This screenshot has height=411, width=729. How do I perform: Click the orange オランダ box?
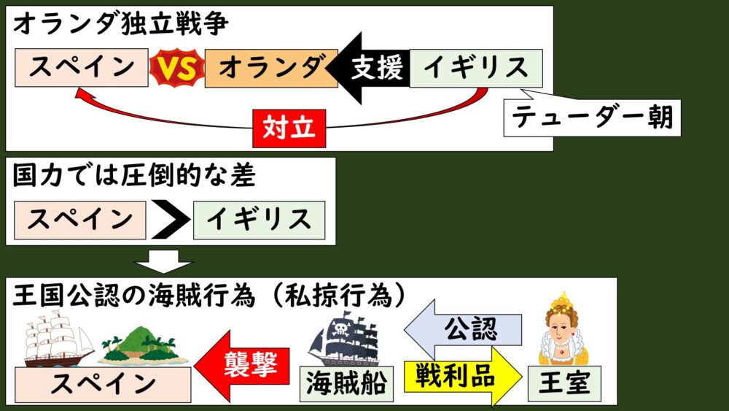point(270,69)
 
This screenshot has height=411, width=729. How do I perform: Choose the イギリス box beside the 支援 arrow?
point(475,69)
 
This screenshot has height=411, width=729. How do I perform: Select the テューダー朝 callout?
point(592,117)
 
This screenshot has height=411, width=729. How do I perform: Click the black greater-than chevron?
point(170,218)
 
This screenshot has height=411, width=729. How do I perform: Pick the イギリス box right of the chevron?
point(258,218)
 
